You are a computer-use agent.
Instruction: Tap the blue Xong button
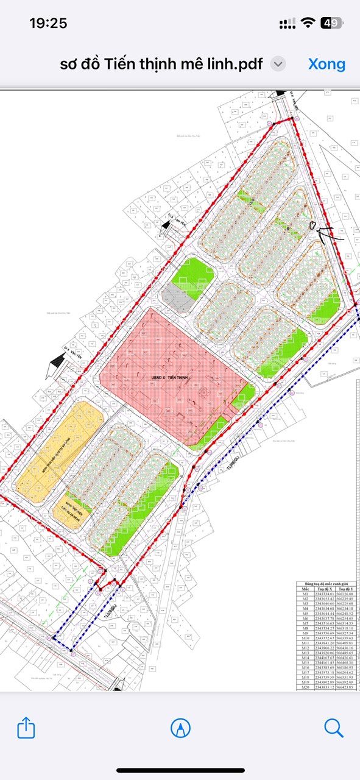pos(326,64)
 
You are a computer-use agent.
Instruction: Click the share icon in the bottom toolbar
pos(26,728)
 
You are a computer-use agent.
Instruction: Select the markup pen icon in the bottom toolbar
pos(180,728)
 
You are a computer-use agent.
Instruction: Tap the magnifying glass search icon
pos(334,728)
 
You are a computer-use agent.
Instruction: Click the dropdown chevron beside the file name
pos(278,64)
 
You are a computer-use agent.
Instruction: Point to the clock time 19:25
pos(48,23)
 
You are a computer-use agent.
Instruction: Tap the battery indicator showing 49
pos(333,23)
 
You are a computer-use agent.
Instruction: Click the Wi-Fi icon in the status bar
pos(308,23)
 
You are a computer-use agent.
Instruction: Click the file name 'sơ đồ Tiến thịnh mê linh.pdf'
pos(161,64)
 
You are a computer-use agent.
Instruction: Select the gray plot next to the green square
pos(176,300)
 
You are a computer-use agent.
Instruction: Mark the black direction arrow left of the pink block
pos(55,368)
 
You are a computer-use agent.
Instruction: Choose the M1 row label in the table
pos(303,595)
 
